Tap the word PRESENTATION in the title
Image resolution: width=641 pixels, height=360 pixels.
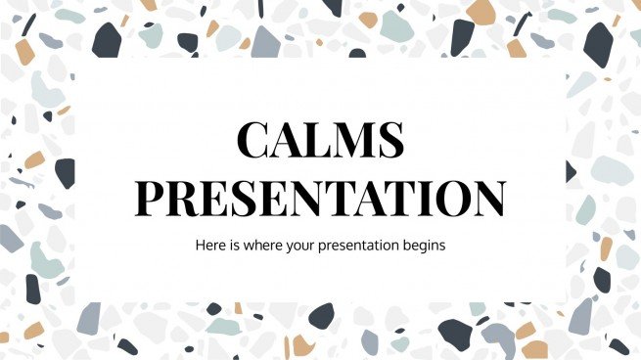click(320, 198)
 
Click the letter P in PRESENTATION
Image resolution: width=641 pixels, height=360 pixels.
click(152, 198)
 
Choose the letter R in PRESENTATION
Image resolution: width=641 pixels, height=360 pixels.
click(182, 198)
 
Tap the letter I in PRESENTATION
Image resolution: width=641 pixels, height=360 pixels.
click(426, 198)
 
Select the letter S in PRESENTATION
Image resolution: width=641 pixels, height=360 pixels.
click(239, 198)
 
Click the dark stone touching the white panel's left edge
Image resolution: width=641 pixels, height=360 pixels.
click(65, 172)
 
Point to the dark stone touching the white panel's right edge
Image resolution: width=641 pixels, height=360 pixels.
click(570, 172)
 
